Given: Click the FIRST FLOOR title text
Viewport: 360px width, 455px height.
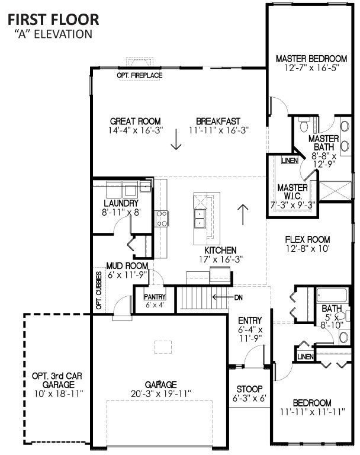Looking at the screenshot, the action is tap(53, 20).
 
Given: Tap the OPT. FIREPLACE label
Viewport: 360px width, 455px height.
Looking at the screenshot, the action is tap(140, 75).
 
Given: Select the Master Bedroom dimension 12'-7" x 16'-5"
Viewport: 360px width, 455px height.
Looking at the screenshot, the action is tap(311, 68).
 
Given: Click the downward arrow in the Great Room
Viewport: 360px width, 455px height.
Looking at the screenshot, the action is tap(176, 139).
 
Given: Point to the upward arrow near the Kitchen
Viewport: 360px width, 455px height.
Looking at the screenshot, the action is tap(243, 214).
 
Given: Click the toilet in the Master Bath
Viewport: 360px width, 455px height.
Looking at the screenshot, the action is tap(304, 125).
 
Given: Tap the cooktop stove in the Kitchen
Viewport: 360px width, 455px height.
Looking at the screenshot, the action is tap(162, 219).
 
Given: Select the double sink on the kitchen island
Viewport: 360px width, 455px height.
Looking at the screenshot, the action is tap(200, 219).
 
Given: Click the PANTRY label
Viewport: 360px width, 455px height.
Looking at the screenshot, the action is tap(155, 297).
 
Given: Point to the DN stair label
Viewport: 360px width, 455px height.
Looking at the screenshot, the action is tap(238, 297).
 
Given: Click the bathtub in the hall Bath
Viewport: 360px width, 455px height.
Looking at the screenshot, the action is tap(332, 296).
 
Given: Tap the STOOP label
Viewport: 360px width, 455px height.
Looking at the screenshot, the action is tap(249, 389).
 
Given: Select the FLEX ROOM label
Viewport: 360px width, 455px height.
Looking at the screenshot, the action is tap(307, 239).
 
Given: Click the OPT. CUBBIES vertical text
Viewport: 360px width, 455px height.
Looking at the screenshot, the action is tap(99, 290).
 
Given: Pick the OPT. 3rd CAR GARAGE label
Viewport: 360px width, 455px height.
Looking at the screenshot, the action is tap(57, 380).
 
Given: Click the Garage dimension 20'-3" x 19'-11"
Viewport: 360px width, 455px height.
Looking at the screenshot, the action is tap(160, 394).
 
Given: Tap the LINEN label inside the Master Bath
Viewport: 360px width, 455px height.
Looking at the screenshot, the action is tap(290, 161).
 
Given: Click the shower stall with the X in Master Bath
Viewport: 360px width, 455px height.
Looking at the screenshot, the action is tap(335, 191).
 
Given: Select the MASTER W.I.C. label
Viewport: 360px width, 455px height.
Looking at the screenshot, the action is tap(292, 191).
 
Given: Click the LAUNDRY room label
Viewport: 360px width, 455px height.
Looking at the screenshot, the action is tap(121, 203).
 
